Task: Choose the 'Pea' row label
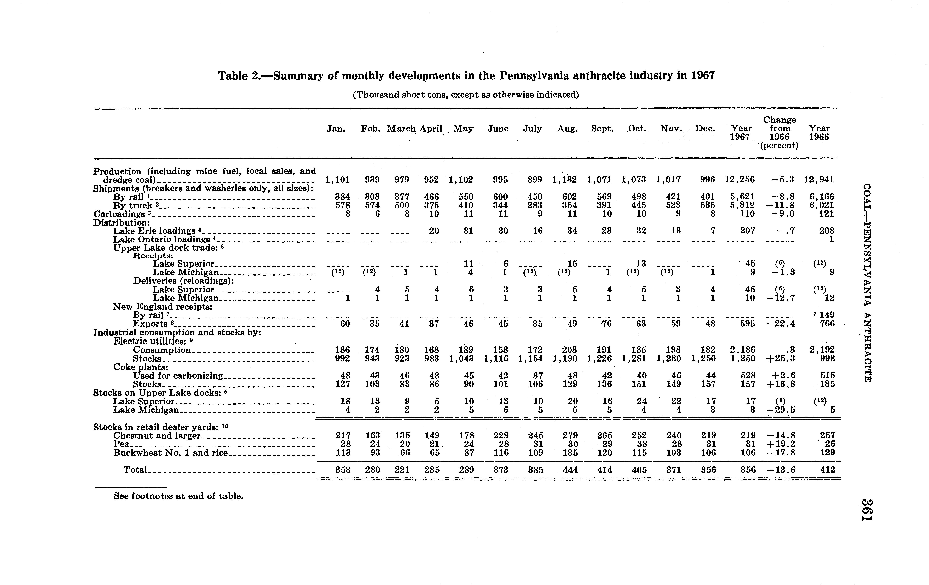coord(121,444)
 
